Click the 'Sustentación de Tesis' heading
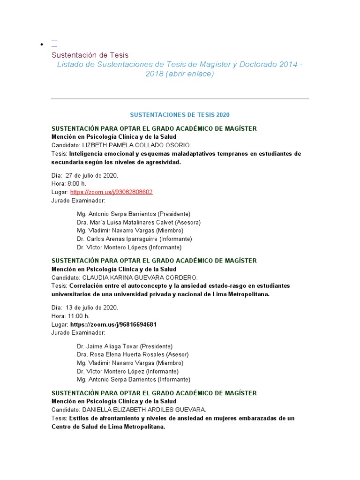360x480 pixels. click(x=90, y=55)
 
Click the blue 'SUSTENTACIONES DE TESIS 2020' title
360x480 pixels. click(x=180, y=115)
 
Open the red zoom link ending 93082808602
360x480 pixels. click(x=111, y=192)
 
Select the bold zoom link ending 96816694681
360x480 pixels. click(x=113, y=324)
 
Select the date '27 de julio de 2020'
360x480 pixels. click(x=92, y=175)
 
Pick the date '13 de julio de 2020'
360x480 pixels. click(x=92, y=307)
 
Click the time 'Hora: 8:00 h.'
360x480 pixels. click(x=69, y=184)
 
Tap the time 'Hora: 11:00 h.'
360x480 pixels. click(x=70, y=316)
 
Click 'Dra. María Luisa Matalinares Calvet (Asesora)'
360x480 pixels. click(x=139, y=222)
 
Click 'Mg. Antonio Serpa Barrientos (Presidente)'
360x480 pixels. click(x=134, y=214)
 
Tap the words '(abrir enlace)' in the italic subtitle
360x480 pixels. click(x=189, y=74)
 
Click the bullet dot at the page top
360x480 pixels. click(x=42, y=45)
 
